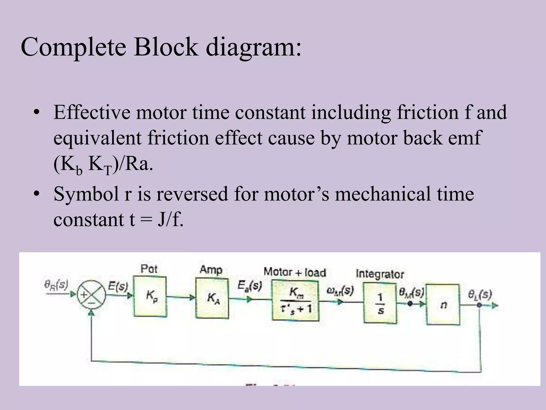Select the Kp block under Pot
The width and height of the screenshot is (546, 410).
click(150, 296)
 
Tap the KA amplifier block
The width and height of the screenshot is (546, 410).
click(212, 298)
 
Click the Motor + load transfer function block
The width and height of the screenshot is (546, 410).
click(295, 301)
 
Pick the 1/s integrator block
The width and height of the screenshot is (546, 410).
click(380, 303)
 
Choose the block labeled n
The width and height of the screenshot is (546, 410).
click(443, 305)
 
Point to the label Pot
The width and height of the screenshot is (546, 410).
click(149, 269)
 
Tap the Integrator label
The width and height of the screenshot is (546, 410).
click(380, 274)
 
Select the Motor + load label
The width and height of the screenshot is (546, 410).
click(295, 272)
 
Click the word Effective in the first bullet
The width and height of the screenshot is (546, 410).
click(92, 112)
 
